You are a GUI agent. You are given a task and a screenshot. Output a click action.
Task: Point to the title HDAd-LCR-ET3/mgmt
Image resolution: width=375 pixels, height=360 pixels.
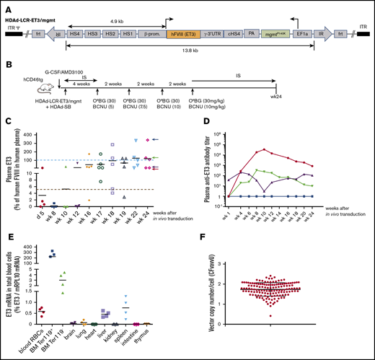(30, 6)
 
